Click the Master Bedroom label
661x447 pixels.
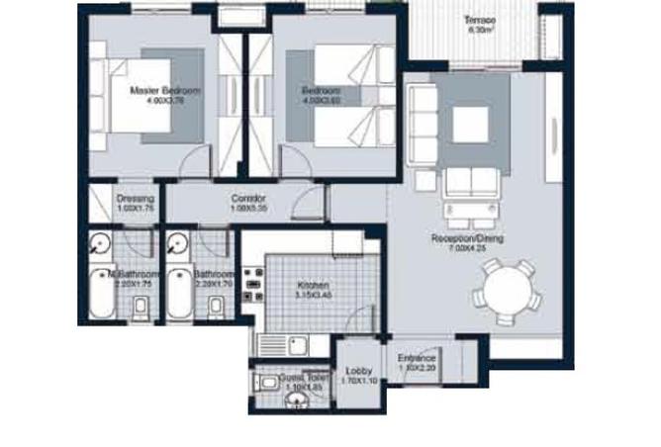tap(165, 91)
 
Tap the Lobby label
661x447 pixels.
tap(358, 371)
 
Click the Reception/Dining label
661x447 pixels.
tap(462, 238)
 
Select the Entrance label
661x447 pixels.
tap(417, 358)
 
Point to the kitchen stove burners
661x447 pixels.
tap(252, 285)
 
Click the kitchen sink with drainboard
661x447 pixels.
tap(282, 344)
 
